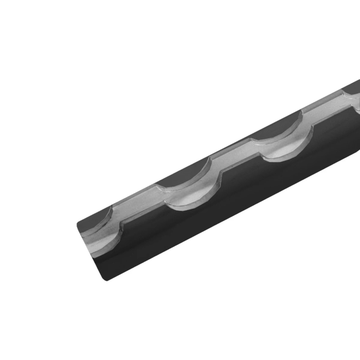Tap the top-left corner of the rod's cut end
pos(78,224)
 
